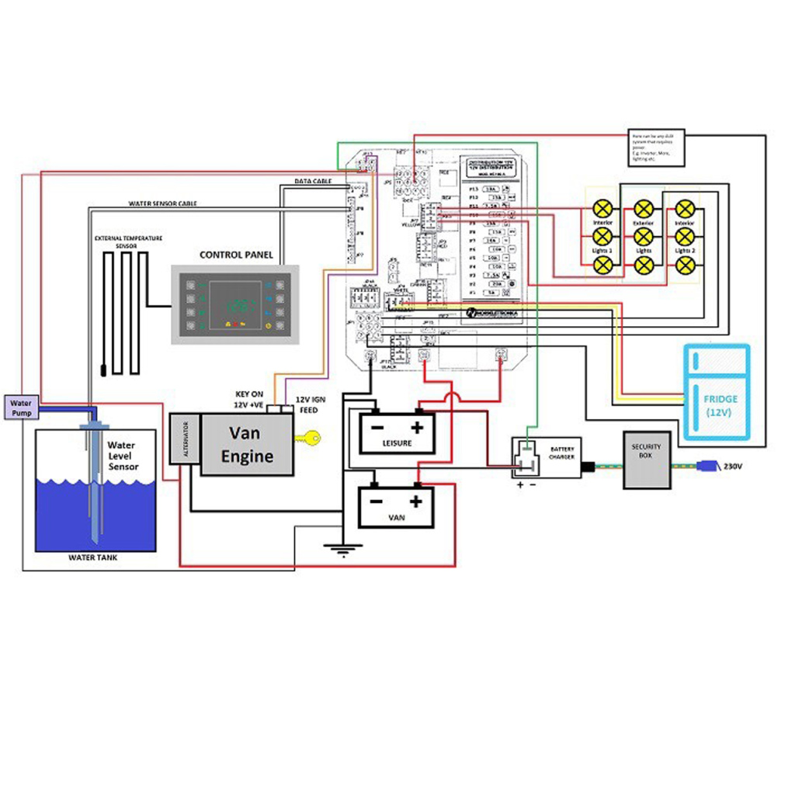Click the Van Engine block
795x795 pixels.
pos(247,444)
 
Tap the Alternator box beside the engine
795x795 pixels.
pos(184,439)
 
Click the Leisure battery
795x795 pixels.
pos(397,433)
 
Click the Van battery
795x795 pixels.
pos(395,507)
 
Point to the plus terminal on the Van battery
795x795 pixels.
pos(416,501)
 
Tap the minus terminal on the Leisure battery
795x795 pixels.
pos(377,427)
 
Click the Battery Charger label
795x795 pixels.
pos(562,453)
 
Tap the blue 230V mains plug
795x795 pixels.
pos(707,467)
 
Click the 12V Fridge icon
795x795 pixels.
pos(717,393)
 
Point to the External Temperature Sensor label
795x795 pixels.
pos(128,241)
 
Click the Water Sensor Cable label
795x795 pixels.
pos(162,204)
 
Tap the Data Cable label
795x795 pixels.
pos(312,181)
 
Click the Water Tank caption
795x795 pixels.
pos(92,557)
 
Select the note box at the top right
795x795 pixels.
pos(655,147)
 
